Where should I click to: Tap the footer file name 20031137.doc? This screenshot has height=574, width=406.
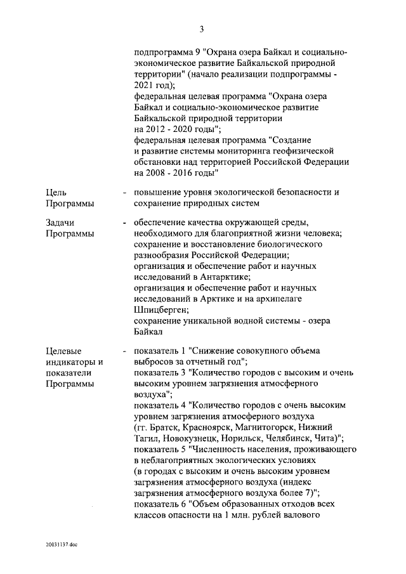[61, 544]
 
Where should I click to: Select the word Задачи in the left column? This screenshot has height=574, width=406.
[61, 223]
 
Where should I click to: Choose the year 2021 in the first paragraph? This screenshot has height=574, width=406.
[145, 84]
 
